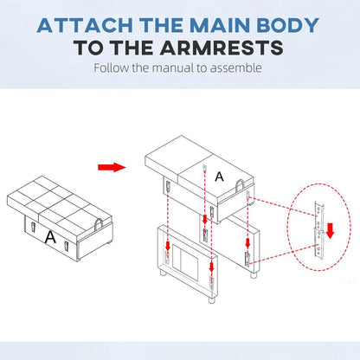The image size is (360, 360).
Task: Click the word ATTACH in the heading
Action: pos(85,25)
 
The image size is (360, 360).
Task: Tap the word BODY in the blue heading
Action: pos(287,25)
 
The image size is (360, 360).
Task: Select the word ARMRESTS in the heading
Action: pos(222,48)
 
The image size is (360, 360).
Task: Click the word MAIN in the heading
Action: pos(220,25)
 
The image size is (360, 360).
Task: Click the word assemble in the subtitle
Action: pos(236,68)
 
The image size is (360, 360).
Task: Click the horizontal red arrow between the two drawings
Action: pos(112,167)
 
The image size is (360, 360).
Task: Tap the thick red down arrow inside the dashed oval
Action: pos(330,231)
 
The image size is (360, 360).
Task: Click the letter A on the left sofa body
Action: pos(50,237)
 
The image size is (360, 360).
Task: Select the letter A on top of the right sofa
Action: pos(220,177)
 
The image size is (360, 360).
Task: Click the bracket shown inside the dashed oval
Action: pos(319,229)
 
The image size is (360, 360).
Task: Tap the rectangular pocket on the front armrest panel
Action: pos(185,262)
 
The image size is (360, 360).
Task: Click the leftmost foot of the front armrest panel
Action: pos(164,273)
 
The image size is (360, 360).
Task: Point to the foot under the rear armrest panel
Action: pos(254,274)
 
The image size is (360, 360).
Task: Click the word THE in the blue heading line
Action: pos(162,25)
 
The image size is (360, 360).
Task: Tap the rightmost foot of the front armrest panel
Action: pos(212,300)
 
